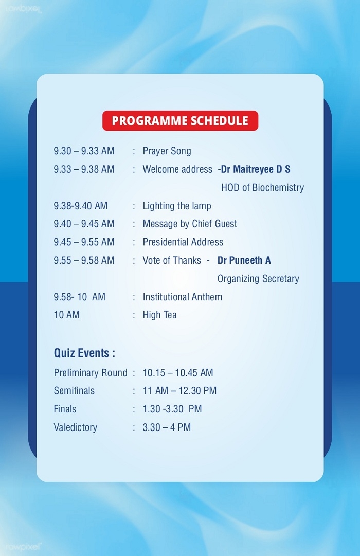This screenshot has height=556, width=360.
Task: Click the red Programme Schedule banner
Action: point(180,120)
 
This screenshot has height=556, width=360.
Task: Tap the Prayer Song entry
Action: point(167,151)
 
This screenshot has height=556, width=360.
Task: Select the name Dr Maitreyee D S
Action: point(256,170)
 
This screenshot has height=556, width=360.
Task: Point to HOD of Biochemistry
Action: point(262,188)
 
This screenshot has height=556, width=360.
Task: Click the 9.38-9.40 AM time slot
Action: point(81,206)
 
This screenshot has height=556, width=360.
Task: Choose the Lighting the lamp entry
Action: point(176,206)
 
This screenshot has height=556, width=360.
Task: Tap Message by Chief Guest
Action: point(190,224)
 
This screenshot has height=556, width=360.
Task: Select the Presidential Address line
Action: point(183,242)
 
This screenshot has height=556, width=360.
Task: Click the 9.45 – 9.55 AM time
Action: point(84,242)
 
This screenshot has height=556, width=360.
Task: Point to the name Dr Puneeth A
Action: point(244,261)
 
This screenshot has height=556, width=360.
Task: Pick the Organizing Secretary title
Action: point(258,279)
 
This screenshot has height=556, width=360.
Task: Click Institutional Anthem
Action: point(182,297)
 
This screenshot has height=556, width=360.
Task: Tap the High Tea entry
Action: point(159,315)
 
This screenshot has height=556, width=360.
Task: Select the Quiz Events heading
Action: point(84,353)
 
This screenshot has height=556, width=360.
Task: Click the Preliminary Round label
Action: point(91,373)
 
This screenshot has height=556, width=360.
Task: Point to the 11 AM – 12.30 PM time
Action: point(179,391)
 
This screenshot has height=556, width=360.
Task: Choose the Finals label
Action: point(65,409)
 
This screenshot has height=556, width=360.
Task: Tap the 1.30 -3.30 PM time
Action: point(172,409)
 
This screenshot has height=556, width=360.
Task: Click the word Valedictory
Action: point(75,427)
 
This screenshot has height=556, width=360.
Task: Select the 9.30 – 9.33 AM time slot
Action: point(84,151)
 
